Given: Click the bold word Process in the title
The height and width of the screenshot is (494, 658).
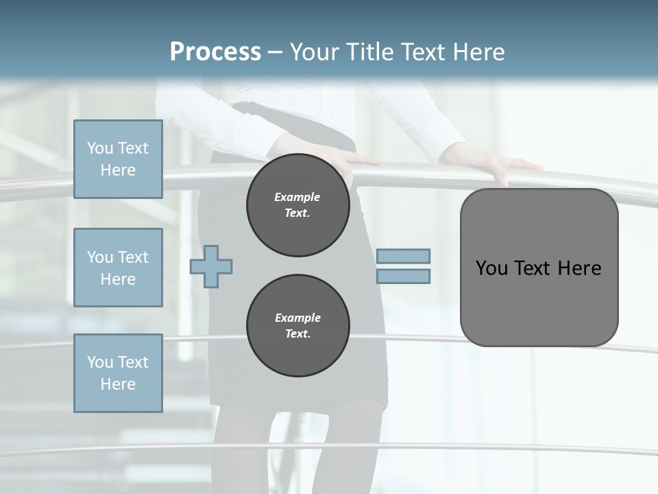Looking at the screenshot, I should pos(215,52).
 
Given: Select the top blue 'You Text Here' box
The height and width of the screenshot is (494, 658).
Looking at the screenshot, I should pos(118,159).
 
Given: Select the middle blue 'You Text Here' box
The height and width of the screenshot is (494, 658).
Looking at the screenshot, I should pos(118,268).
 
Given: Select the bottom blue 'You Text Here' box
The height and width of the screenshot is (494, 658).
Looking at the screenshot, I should pos(118,373).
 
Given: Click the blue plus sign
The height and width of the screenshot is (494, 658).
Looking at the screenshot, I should pos(211,267).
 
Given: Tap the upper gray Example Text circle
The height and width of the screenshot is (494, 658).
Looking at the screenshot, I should pos(298,205).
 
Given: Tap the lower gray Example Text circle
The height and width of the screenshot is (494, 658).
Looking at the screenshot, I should pos(298,326).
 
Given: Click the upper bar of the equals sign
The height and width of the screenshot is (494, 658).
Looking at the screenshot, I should pos(403,257).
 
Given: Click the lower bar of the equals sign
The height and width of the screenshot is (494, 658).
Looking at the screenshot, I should pos(403,277).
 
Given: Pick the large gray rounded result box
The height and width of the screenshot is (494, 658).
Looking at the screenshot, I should pos(539,268).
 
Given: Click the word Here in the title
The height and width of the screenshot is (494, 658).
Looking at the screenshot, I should pos(479,52).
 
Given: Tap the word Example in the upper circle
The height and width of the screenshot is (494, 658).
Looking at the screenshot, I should pos(297,197).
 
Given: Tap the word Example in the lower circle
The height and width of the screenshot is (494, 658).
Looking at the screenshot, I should pos(297,318).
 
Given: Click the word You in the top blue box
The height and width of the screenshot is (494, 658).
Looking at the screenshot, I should pos(100,148).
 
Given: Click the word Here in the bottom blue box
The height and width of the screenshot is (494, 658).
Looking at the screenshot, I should pos(118,384).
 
